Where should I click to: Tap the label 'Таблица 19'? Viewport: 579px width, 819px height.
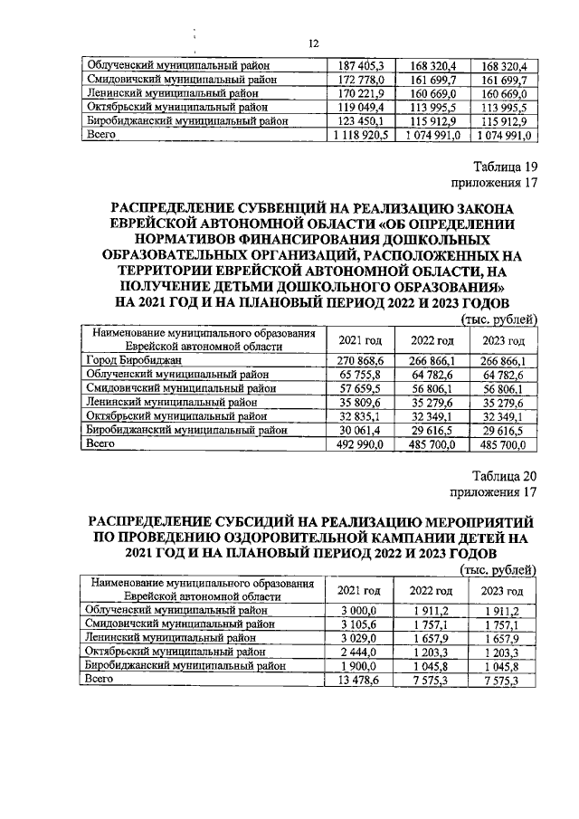[x=506, y=167]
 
